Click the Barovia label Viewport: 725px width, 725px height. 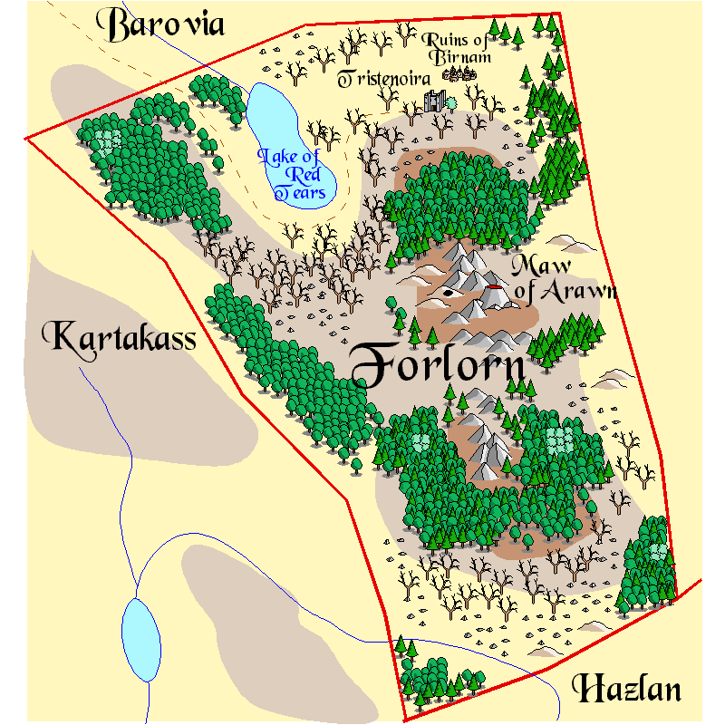pyautogui.click(x=165, y=25)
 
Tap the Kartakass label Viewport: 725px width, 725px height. pyautogui.click(x=123, y=338)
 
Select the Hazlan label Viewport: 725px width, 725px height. pyautogui.click(x=626, y=690)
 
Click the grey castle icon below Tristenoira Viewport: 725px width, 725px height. pyautogui.click(x=435, y=101)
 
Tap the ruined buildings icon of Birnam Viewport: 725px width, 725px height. pyautogui.click(x=464, y=73)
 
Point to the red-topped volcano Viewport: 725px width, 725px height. pyautogui.click(x=495, y=295)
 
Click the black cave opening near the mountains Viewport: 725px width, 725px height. pyautogui.click(x=450, y=294)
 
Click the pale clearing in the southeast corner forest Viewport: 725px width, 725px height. pyautogui.click(x=657, y=551)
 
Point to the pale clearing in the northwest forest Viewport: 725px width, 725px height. pyautogui.click(x=109, y=140)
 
